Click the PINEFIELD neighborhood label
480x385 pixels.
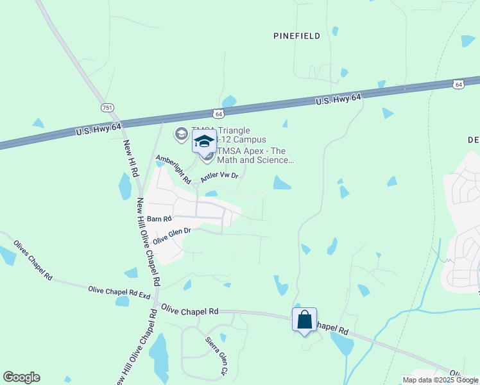click(x=296, y=37)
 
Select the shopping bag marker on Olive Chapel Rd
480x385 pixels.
click(x=304, y=319)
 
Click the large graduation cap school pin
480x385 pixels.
click(x=205, y=142)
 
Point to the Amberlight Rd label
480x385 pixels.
click(x=173, y=169)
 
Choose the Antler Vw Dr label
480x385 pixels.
click(x=219, y=176)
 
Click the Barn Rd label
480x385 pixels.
click(x=159, y=219)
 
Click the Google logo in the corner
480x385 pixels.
click(x=21, y=377)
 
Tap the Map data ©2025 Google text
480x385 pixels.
click(x=440, y=380)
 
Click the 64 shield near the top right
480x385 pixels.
click(x=458, y=84)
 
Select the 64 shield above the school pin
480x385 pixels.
click(x=219, y=114)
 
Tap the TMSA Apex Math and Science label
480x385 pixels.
click(x=255, y=155)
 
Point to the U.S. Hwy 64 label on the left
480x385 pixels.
click(x=98, y=129)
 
